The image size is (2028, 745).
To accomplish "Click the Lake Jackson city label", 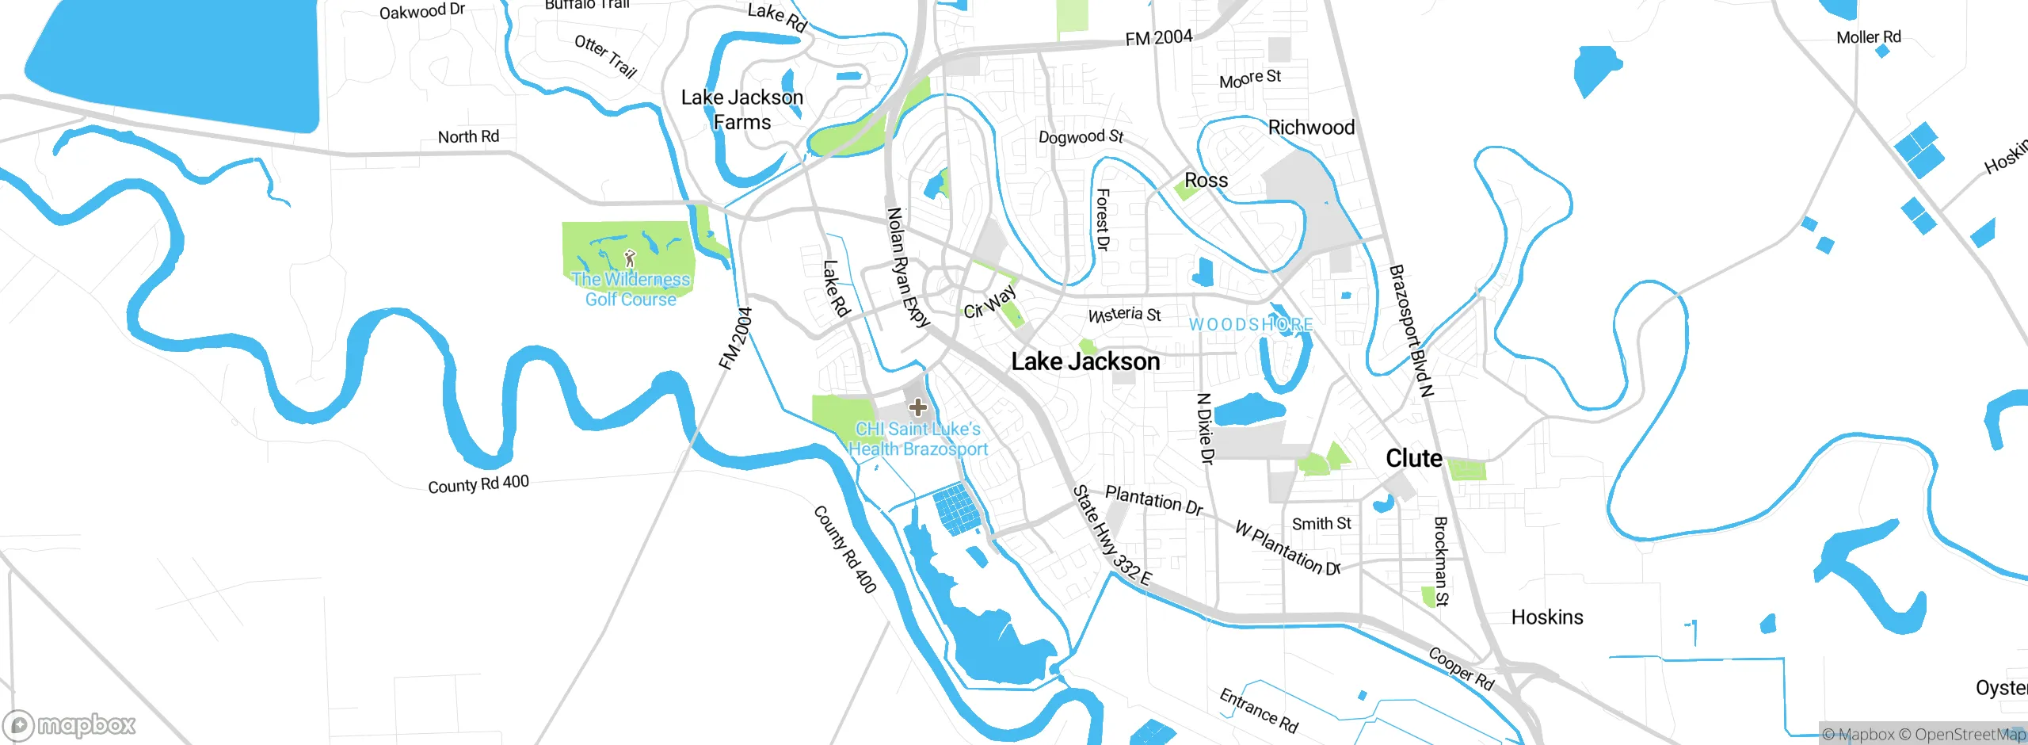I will click(x=1085, y=361).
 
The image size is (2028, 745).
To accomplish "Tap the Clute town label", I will click(x=1413, y=458).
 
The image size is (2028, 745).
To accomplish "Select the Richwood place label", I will click(x=1311, y=128).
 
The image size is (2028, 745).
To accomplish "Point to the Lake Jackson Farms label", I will click(x=742, y=109).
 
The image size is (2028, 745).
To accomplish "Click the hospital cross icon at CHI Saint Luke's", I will click(x=917, y=407).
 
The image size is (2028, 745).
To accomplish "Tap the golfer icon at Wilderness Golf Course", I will click(x=630, y=258).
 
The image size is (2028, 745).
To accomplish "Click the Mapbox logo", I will click(x=70, y=724).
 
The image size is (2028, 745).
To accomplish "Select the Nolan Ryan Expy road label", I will click(x=907, y=267).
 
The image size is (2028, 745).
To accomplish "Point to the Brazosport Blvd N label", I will click(x=1411, y=330).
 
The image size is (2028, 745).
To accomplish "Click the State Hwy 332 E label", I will click(x=1111, y=535).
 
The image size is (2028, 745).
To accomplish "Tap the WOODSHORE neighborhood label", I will click(x=1251, y=325).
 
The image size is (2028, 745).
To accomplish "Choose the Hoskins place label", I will click(x=1546, y=617).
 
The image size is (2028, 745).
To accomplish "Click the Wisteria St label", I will click(x=1124, y=315).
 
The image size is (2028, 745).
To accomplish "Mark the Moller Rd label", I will click(x=1868, y=37).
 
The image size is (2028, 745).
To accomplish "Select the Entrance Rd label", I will click(x=1258, y=710).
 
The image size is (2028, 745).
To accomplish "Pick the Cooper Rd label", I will click(x=1461, y=668).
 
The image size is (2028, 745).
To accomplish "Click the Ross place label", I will click(x=1206, y=181).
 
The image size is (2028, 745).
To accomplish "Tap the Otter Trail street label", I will click(x=606, y=55).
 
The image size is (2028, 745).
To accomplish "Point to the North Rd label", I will click(x=468, y=136).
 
